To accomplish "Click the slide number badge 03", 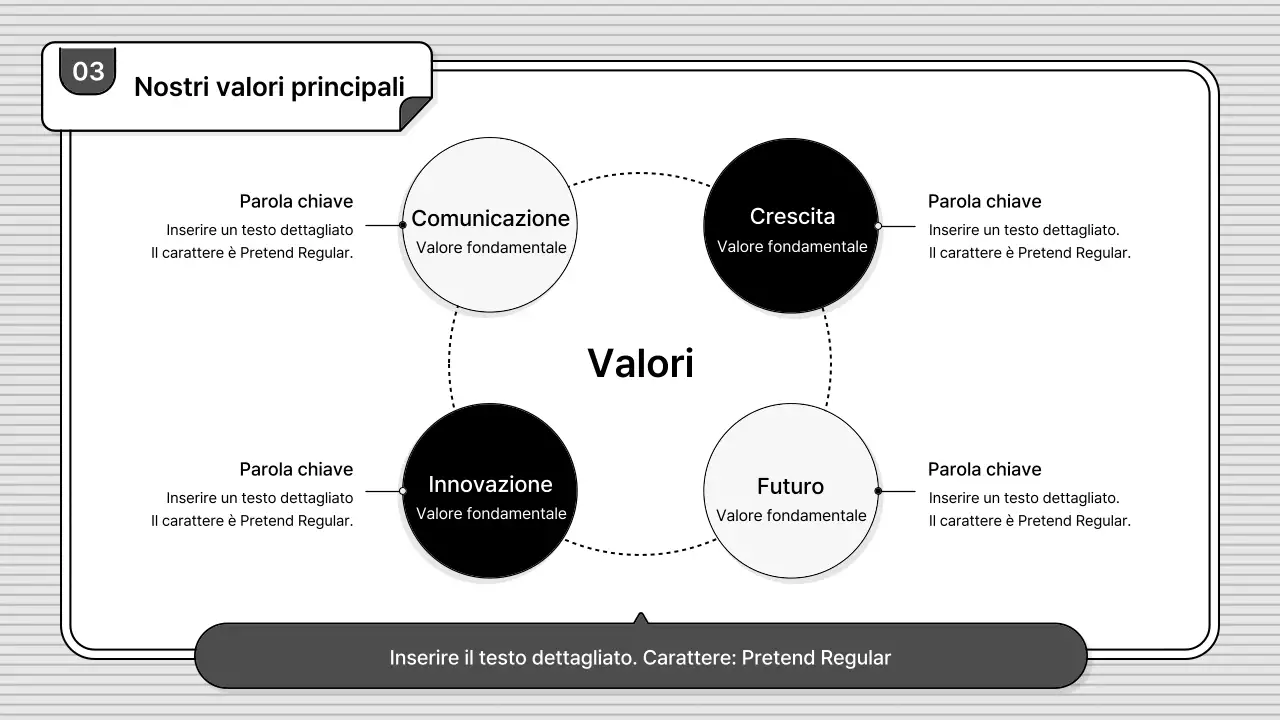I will pyautogui.click(x=88, y=71).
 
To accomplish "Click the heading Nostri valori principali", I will pyautogui.click(x=269, y=87).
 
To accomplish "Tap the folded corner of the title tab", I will pyautogui.click(x=414, y=114).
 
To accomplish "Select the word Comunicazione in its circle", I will pyautogui.click(x=490, y=218).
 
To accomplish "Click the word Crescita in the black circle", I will pyautogui.click(x=792, y=216).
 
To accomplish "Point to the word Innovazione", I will pyautogui.click(x=490, y=484).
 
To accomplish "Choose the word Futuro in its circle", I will pyautogui.click(x=790, y=486).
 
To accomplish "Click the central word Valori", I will pyautogui.click(x=640, y=363).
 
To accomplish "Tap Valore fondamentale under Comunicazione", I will pyautogui.click(x=491, y=247).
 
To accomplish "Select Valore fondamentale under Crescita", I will pyautogui.click(x=792, y=246).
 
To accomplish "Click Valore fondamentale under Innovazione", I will pyautogui.click(x=491, y=514).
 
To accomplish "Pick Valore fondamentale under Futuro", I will pyautogui.click(x=791, y=516).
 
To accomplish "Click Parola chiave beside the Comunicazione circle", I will pyautogui.click(x=296, y=201).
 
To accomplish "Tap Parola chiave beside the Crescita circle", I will pyautogui.click(x=984, y=201).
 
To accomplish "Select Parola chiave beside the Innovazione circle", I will pyautogui.click(x=296, y=469).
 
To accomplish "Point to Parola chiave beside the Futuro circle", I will pyautogui.click(x=984, y=469).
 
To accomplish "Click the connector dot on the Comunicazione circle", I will pyautogui.click(x=402, y=225).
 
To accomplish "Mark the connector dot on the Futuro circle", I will pyautogui.click(x=878, y=491).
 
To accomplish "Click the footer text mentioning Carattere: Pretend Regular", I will pyautogui.click(x=640, y=658).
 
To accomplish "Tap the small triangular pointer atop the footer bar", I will pyautogui.click(x=640, y=618).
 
